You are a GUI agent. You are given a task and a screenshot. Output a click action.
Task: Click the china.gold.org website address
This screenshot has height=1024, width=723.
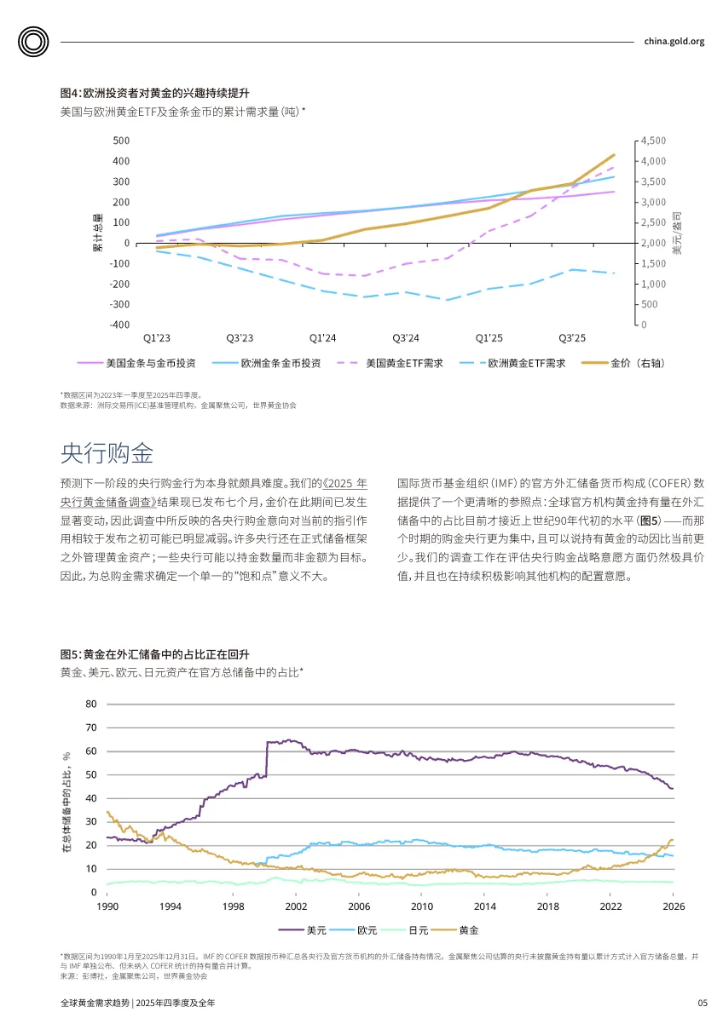674,41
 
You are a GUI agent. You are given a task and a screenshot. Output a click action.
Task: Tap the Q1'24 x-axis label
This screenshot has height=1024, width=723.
322,338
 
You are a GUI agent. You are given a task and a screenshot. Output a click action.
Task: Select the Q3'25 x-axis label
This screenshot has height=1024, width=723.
572,338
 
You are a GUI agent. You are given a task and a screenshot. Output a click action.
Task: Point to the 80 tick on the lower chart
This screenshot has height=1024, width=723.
91,705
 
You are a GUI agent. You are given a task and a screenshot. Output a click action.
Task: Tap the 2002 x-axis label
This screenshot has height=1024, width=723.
296,906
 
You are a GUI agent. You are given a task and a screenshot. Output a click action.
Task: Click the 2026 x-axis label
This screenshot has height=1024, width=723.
673,906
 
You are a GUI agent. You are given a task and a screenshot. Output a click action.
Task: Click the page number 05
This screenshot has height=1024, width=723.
702,1003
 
